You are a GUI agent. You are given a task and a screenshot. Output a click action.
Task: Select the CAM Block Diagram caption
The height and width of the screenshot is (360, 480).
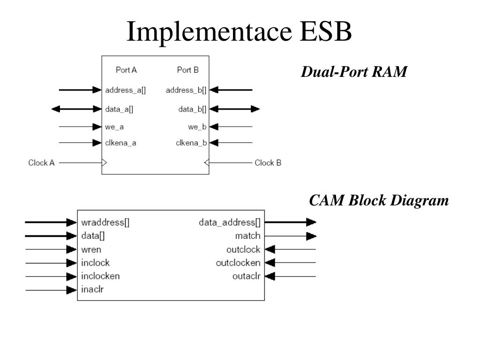tap(379, 201)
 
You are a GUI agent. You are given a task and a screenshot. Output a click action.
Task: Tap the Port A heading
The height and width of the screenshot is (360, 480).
tap(126, 70)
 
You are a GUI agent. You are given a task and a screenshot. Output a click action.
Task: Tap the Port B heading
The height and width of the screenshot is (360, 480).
tap(188, 70)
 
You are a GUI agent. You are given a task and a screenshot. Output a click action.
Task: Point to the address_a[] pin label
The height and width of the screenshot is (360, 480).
tap(126, 90)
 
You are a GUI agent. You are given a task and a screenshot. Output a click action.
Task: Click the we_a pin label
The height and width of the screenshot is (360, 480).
tap(115, 127)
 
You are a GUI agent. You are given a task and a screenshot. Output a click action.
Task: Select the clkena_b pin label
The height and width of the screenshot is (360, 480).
tap(191, 143)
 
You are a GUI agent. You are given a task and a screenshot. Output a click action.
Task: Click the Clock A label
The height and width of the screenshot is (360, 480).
tap(42, 163)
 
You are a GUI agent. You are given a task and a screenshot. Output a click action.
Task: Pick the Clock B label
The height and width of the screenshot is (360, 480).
tap(268, 163)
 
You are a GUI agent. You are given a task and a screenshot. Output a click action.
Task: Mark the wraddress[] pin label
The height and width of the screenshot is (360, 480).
tap(105, 223)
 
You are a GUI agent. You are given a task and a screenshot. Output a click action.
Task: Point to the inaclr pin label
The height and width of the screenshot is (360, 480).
tap(92, 290)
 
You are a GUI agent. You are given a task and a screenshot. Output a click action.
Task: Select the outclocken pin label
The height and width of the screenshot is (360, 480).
tap(238, 263)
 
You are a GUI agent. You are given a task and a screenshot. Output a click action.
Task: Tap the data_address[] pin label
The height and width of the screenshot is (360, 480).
tap(229, 223)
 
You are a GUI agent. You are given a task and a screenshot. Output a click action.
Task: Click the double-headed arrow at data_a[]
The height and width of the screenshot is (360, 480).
tap(77, 109)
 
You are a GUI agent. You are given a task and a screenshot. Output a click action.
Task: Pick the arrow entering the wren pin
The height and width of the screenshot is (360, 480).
tap(51, 249)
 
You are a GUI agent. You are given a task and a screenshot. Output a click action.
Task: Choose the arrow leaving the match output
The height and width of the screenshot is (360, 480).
tap(291, 236)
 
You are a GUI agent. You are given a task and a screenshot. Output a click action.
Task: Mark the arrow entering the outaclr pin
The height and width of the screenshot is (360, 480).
tap(291, 276)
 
